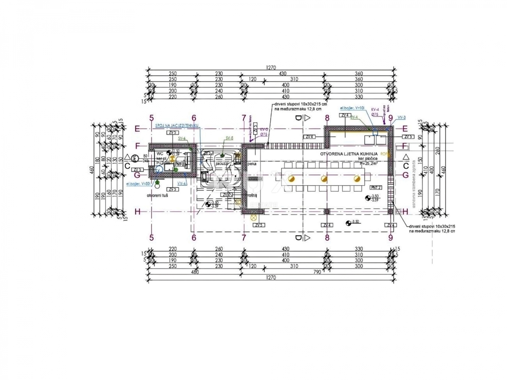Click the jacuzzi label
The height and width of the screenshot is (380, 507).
tap(221, 162)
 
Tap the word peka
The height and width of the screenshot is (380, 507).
tap(252, 163)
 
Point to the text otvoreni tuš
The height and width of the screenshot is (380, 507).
tap(158, 196)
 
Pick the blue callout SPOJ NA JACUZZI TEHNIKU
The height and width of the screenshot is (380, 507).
tap(177, 125)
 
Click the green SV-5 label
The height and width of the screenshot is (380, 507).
tap(229, 138)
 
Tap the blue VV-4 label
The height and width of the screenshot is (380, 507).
tap(183, 183)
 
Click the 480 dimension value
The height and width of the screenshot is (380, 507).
tap(195, 272)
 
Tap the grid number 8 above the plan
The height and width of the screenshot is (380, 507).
tap(327, 118)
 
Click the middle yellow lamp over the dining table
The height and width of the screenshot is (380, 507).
tap(324, 179)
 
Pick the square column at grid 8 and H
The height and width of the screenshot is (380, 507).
tap(327, 212)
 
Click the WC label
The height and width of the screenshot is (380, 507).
tap(159, 153)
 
